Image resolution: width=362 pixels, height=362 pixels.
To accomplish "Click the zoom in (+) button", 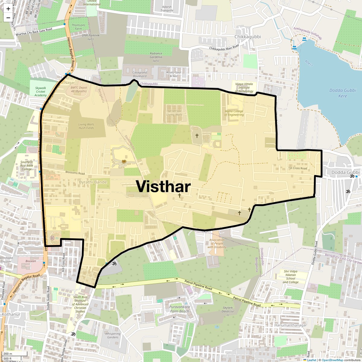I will pyautogui.click(x=8, y=9).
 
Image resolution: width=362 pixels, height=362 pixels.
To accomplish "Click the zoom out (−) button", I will pyautogui.click(x=8, y=17).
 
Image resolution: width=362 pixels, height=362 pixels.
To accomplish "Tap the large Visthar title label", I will pyautogui.click(x=163, y=186).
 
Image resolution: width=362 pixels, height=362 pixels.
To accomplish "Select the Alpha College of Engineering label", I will pyautogui.click(x=234, y=113).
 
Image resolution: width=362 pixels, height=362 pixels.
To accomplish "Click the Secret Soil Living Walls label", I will pyautogui.click(x=174, y=113).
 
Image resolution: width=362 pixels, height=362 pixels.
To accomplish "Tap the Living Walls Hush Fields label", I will pyautogui.click(x=86, y=126).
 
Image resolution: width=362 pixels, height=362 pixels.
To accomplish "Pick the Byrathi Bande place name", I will pyautogui.click(x=93, y=182).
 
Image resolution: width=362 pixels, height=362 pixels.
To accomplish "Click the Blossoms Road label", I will pyautogui.click(x=75, y=173).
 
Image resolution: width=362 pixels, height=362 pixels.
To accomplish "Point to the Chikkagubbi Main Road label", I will pyautogui.click(x=224, y=47).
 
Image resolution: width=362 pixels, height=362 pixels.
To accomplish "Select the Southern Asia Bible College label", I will pyautogui.click(x=27, y=166).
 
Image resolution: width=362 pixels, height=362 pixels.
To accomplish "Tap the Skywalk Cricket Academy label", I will pyautogui.click(x=41, y=92).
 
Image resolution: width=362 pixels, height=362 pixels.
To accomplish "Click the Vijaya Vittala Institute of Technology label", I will pyautogui.click(x=244, y=87).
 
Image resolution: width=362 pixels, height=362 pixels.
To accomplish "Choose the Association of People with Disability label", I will pyautogui.click(x=217, y=243).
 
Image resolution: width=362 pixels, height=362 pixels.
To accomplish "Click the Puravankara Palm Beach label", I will pyautogui.click(x=179, y=309).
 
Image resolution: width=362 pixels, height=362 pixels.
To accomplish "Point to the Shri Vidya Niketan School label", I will pyautogui.click(x=291, y=277).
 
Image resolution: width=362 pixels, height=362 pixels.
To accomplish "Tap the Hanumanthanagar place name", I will pyautogui.click(x=290, y=325).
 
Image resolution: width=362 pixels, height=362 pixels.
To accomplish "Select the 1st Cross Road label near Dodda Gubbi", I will pyautogui.click(x=297, y=168).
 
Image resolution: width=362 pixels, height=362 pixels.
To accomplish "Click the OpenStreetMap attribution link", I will pyautogui.click(x=332, y=360).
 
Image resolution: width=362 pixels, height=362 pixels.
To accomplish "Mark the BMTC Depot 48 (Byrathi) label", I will pyautogui.click(x=79, y=89).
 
